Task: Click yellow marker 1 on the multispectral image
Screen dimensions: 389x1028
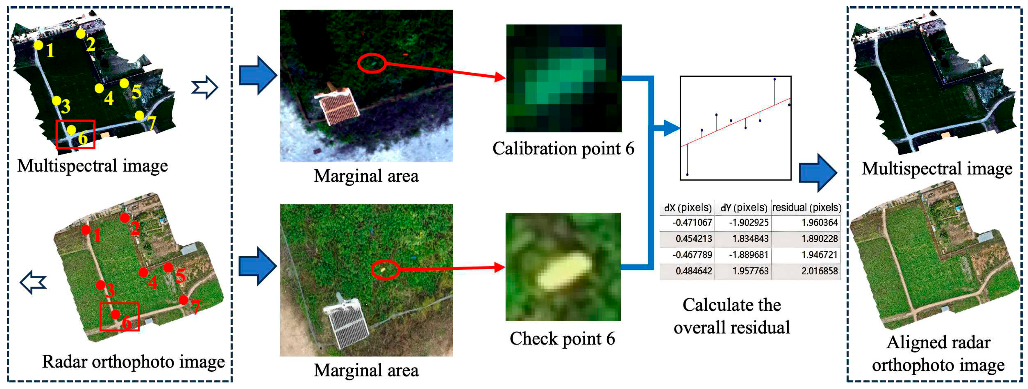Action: pos(38,45)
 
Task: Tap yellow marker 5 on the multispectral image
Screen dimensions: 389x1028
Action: pos(124,83)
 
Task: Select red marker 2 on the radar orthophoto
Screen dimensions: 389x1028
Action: pos(125,218)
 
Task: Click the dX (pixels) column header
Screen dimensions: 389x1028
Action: pos(687,207)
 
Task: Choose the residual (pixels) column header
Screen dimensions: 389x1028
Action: pos(806,207)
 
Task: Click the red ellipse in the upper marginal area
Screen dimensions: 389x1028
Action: pos(371,63)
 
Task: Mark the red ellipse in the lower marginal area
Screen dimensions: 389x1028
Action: pos(385,270)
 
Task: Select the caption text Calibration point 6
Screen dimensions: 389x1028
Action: pos(563,148)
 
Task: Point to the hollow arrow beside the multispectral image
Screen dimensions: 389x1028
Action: pos(205,87)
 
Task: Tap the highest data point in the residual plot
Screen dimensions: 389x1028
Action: pos(775,79)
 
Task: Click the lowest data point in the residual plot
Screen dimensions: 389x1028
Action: pos(687,174)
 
